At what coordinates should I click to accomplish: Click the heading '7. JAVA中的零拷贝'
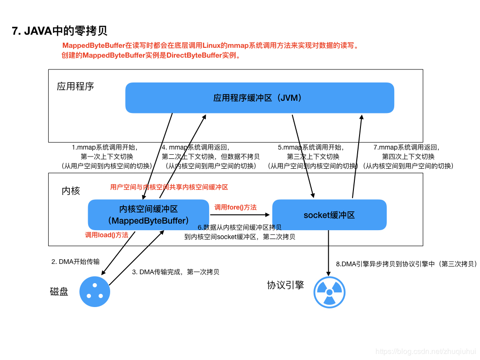(60, 31)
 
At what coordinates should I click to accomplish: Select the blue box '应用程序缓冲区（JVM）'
(259, 98)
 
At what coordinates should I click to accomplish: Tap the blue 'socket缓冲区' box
(329, 215)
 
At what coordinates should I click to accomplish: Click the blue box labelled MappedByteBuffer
(148, 215)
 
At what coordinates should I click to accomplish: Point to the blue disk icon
(95, 291)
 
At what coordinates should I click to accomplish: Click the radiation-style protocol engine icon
(329, 292)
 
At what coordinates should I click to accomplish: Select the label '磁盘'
(59, 292)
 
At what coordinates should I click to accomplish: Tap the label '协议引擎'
(285, 285)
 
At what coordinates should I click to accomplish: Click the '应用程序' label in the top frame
(75, 86)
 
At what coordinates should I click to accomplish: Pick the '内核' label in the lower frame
(71, 191)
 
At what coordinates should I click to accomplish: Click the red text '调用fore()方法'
(235, 207)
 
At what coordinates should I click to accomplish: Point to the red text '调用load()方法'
(106, 235)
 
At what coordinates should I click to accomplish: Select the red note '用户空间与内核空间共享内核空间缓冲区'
(169, 187)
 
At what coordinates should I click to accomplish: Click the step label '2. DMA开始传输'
(75, 262)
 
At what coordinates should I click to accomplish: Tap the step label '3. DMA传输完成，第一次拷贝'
(175, 272)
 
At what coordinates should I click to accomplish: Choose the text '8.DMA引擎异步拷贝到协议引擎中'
(406, 264)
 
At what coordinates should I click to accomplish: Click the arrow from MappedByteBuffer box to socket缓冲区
(240, 215)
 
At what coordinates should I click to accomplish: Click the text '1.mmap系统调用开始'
(105, 147)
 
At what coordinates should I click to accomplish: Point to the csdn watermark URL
(426, 351)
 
